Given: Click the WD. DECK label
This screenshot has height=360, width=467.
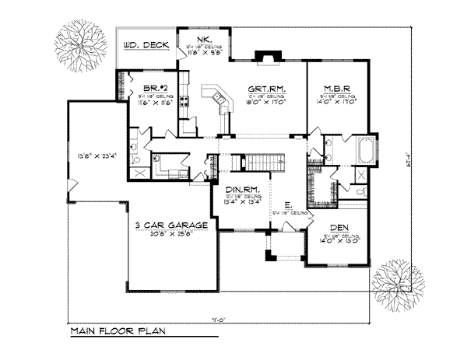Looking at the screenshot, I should (145, 45).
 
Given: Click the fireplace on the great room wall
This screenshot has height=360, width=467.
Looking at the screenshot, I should (266, 57).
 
